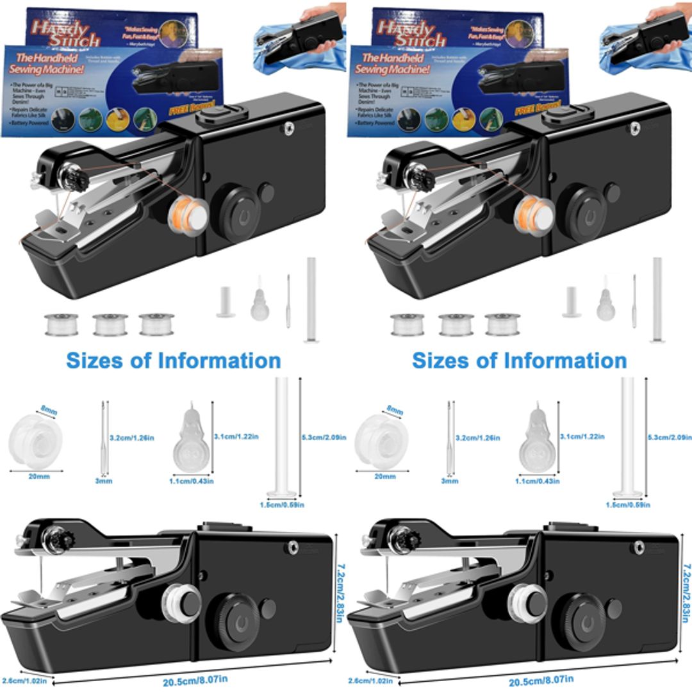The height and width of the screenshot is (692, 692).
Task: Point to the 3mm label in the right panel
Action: [x=450, y=481]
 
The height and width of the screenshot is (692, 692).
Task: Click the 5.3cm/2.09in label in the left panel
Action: [x=324, y=437]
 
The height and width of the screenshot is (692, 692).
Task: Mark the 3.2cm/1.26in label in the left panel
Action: [x=132, y=438]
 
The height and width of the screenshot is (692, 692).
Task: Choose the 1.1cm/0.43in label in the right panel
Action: [x=536, y=481]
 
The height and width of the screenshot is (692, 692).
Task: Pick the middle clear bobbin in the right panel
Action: [x=456, y=324]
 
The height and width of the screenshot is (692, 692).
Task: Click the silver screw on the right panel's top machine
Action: [x=634, y=129]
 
